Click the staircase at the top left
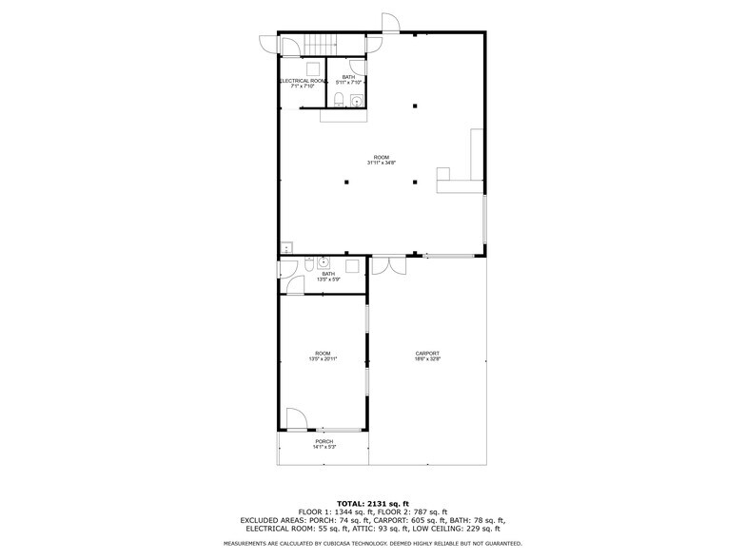tap(321, 44)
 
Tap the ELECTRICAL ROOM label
tap(303, 82)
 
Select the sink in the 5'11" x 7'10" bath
tap(357, 100)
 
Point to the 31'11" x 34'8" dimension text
tap(381, 163)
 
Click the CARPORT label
tap(427, 353)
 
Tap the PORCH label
tap(324, 441)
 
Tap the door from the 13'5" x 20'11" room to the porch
tap(295, 418)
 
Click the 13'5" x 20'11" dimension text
tap(324, 359)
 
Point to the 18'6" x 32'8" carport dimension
tap(427, 359)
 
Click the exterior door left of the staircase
tap(266, 44)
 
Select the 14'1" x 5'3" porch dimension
tap(324, 447)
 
